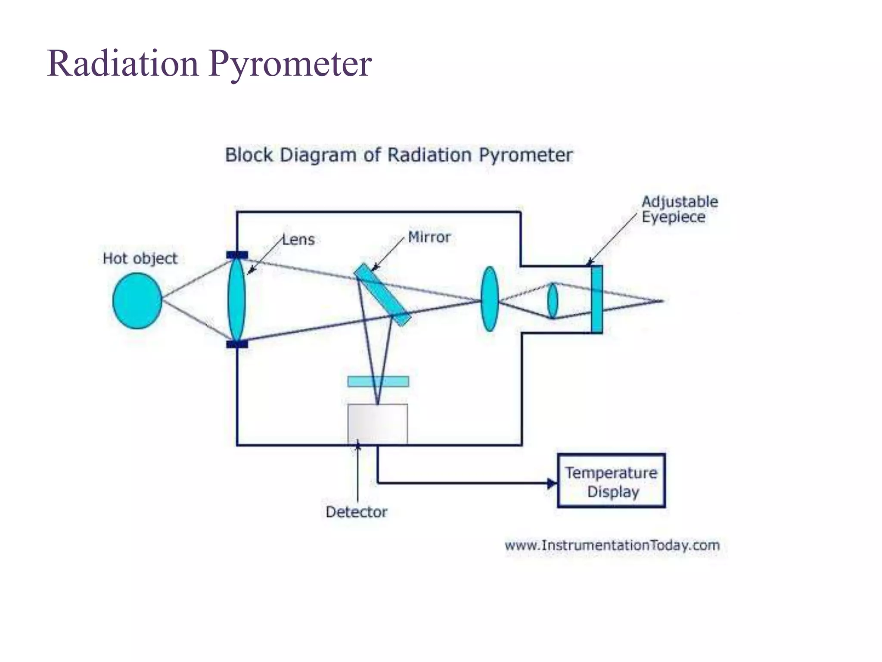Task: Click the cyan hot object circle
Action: [x=137, y=301]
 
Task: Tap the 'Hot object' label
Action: [x=140, y=259]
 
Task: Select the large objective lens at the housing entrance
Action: [x=236, y=299]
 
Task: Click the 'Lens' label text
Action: [x=298, y=240]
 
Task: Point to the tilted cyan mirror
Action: [x=382, y=295]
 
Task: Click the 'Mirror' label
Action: [x=429, y=237]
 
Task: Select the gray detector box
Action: [x=378, y=424]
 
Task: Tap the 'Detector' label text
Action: [x=356, y=512]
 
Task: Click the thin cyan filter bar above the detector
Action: [x=378, y=381]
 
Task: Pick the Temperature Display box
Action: [x=611, y=481]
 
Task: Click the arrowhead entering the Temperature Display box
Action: [x=552, y=483]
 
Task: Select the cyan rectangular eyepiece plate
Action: [x=596, y=299]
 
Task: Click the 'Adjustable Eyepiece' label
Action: [x=679, y=209]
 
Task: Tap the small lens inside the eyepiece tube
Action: [x=553, y=300]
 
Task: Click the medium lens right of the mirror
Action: [x=490, y=299]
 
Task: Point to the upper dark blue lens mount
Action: [x=237, y=255]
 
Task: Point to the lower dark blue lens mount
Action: [x=237, y=344]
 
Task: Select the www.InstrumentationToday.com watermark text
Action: [x=612, y=545]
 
